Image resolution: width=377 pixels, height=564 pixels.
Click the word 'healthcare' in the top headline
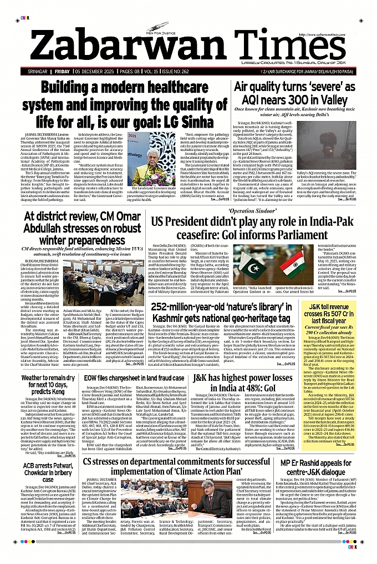pos(185,87)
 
